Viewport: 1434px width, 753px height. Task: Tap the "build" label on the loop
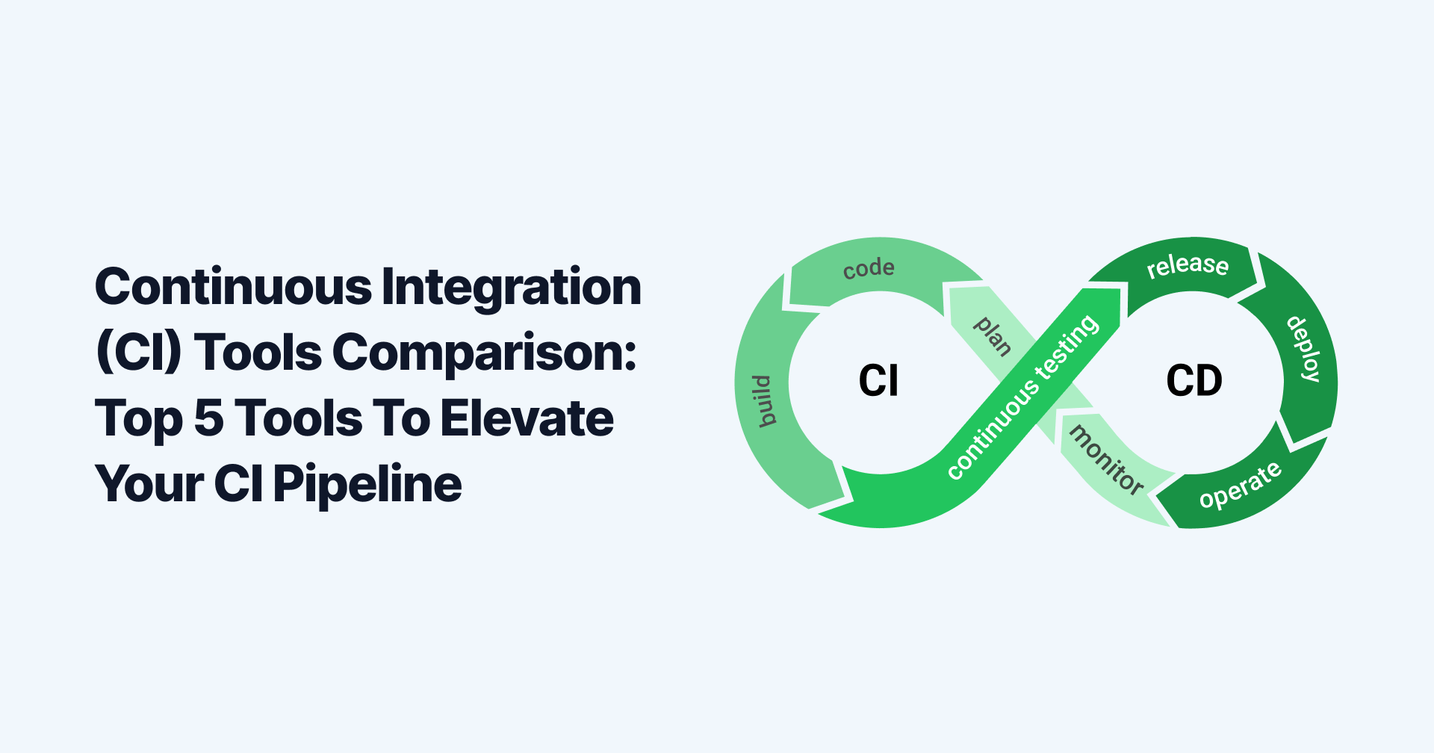(763, 401)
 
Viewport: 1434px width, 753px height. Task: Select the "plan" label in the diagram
(993, 335)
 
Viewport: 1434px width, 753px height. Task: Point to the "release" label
(1188, 265)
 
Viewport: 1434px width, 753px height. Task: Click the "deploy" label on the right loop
(1304, 349)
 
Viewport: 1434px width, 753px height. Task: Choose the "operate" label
(1240, 486)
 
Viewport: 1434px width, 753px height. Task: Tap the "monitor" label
(1106, 459)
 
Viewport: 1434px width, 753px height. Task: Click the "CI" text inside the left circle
(878, 381)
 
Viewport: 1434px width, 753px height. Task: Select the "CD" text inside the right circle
(1194, 381)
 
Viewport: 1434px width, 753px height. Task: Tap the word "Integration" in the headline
(512, 287)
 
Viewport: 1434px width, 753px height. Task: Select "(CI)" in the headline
(139, 353)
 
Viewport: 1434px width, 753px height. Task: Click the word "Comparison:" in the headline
(484, 353)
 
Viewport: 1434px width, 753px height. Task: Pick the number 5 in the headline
(209, 418)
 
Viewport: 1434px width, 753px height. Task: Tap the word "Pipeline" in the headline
(367, 484)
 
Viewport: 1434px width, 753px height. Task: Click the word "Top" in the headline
(139, 418)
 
